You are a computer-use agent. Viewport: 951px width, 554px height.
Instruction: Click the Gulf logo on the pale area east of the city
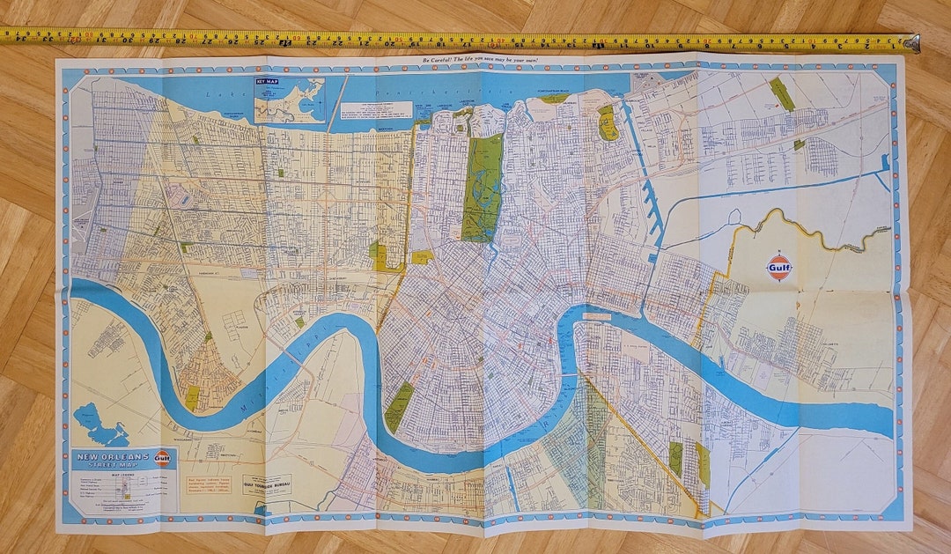point(779,267)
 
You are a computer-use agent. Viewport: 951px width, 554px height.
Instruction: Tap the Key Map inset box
point(290,100)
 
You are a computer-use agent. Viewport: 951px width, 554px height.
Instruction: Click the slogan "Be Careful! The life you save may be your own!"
point(481,61)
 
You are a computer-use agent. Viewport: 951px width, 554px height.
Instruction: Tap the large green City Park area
point(483,188)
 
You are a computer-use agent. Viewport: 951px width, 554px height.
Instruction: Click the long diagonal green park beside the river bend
point(399,407)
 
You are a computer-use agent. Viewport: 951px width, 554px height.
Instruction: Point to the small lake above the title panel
point(99,427)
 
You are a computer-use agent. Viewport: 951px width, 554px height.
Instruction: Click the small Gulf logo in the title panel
point(161,457)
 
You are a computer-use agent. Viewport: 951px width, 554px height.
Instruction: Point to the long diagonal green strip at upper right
point(782,93)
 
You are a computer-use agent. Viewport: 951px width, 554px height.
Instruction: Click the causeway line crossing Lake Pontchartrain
point(333,103)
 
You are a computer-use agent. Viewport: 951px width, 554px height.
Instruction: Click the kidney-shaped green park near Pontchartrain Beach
point(608,123)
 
